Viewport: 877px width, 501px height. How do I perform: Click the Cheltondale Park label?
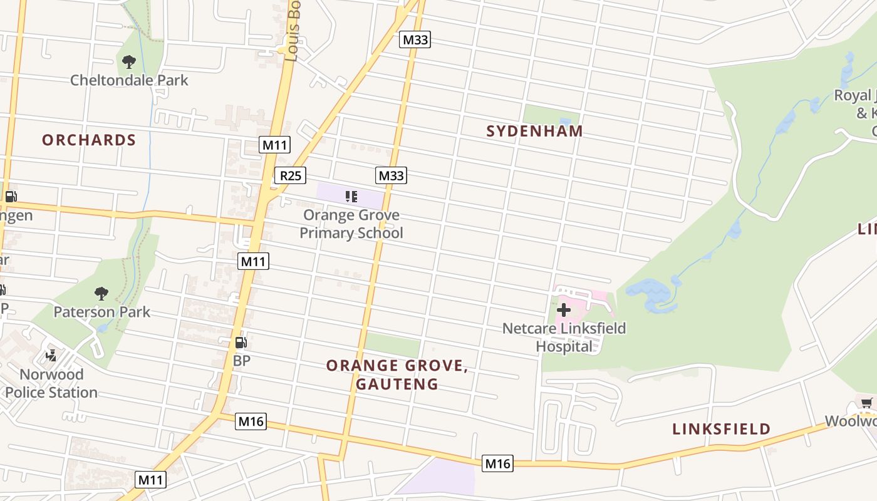pos(129,80)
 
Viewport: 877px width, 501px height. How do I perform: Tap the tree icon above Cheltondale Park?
pos(129,62)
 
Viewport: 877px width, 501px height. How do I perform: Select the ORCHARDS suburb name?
pos(89,140)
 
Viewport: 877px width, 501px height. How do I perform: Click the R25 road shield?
pos(290,175)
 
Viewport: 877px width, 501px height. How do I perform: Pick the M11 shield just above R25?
pos(274,145)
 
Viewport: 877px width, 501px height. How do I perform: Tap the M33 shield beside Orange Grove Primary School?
pos(391,175)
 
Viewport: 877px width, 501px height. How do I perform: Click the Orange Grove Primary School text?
pos(351,224)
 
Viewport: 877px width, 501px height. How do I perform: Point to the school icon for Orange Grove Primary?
pos(351,197)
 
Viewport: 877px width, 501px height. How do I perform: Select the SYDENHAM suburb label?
pos(534,131)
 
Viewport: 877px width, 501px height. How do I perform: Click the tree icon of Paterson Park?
pos(101,294)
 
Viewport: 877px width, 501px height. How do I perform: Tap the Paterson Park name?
pos(101,312)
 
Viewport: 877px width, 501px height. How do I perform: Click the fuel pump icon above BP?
pos(241,343)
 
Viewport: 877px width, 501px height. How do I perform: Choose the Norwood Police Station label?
pos(51,383)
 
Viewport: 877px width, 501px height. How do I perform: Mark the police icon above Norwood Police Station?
pos(51,356)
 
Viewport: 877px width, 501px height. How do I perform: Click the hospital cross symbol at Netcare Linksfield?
pos(563,309)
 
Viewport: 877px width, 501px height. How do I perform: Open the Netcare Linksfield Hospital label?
pos(564,337)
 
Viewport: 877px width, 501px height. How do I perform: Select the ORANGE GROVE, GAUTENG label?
pos(397,374)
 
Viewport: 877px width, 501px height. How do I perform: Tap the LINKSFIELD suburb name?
pos(721,429)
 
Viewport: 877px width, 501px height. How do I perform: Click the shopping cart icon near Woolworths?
pos(866,403)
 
